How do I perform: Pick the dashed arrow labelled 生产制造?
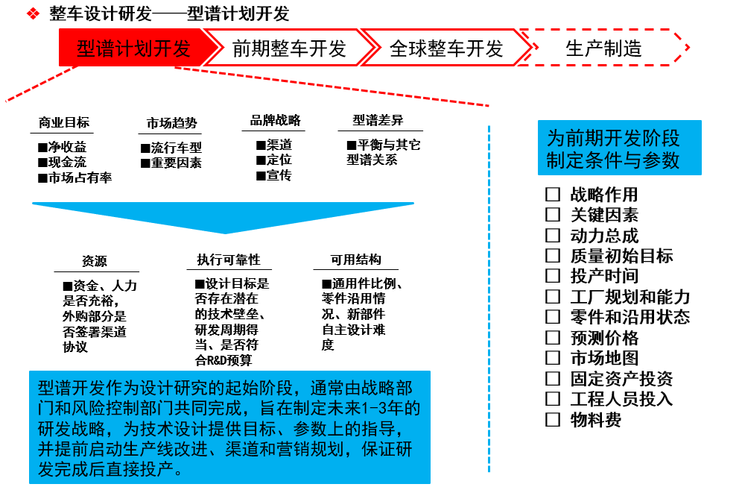[604, 48]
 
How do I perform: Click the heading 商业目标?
[64, 122]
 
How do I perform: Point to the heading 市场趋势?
[172, 123]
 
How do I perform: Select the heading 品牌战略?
[276, 120]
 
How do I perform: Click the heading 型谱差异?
[378, 120]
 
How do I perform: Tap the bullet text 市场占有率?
[80, 177]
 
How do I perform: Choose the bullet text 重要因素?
[177, 163]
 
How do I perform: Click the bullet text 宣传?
[279, 175]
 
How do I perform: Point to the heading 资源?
[95, 261]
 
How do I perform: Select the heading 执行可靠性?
[229, 260]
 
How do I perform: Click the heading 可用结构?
[356, 260]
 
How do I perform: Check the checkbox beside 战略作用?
[553, 194]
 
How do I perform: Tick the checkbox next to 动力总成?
[553, 236]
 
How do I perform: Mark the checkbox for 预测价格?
[553, 338]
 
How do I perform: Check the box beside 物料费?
[553, 420]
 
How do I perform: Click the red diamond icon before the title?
[33, 13]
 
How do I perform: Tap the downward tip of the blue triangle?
[225, 233]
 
